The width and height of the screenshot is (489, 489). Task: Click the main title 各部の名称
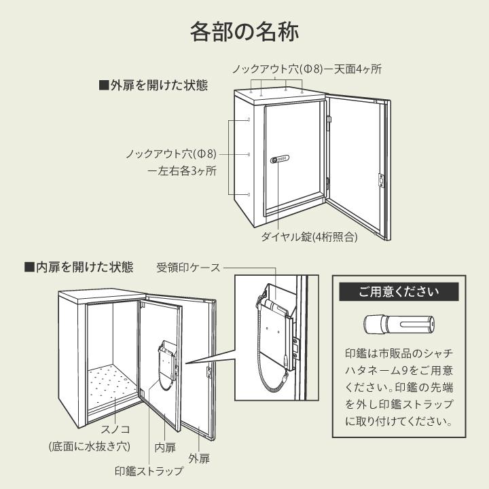point(244,32)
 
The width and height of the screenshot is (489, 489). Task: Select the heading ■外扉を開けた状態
point(153,86)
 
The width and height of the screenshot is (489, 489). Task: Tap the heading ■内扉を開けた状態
point(79,267)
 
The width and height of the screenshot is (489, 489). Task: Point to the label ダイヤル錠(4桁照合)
point(309,238)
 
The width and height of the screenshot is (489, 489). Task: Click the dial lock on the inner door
point(280,160)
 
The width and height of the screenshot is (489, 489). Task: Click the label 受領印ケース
point(188,267)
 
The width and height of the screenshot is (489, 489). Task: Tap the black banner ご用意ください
point(399,293)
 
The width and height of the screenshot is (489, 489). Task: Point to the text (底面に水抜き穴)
point(89,446)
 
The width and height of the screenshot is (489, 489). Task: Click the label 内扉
point(165,446)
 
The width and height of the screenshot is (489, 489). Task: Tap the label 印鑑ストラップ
point(149,470)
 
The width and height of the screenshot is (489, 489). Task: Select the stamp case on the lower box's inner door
point(167,358)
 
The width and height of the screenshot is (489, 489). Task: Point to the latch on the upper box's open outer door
point(381,179)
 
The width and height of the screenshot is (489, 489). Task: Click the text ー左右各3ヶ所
point(182,171)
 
